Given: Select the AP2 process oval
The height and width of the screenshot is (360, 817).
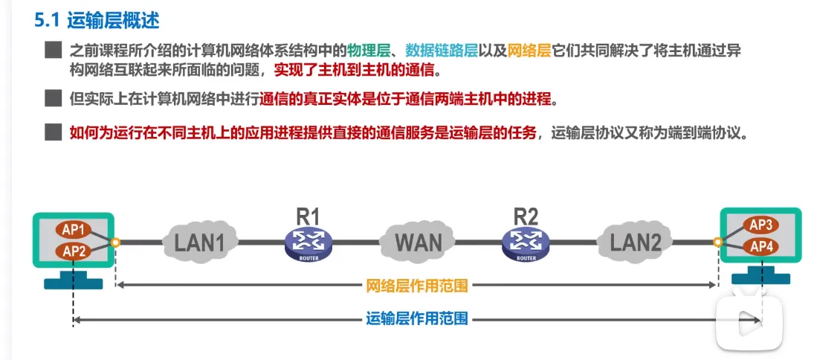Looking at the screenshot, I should coord(76,251).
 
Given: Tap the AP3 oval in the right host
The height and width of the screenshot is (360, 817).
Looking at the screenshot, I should coord(761,224).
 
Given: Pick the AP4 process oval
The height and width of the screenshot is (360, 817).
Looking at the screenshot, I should coord(761,246).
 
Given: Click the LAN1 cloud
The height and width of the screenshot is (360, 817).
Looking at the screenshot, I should coord(198,241).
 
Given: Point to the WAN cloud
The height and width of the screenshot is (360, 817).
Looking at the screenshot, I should coord(418,241).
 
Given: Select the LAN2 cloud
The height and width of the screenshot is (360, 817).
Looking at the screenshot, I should coord(635,241).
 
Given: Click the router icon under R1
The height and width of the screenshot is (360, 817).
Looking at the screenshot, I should coord(309,242).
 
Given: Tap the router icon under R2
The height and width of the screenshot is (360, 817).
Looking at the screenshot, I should coord(526,242).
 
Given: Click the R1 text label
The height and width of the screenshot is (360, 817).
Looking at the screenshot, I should coord(309,216).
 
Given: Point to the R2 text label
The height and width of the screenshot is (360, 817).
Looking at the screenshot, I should coord(526,216).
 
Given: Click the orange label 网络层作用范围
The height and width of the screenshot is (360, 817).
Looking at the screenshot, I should coord(417,285).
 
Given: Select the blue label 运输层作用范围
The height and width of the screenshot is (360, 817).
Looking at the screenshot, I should coord(417,319).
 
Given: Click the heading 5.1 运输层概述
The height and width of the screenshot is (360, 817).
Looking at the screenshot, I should coord(97,20).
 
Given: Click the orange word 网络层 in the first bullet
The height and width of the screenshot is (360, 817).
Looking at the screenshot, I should coord(529,51).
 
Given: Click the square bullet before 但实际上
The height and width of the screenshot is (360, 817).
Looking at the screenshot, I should coord(52,98).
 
